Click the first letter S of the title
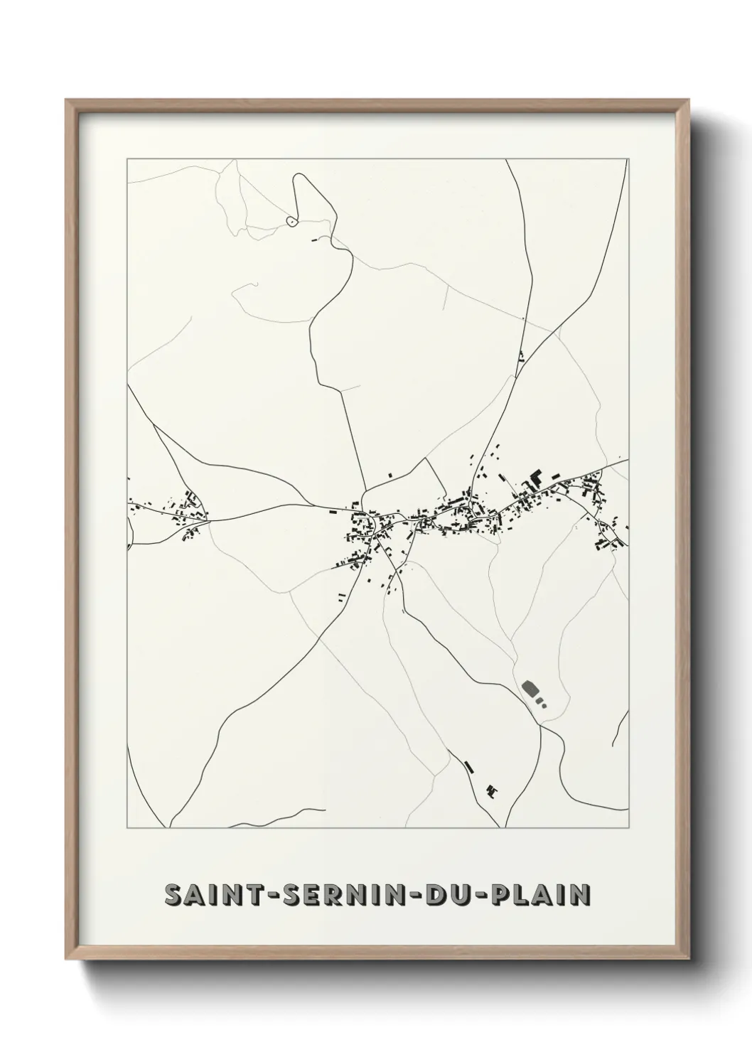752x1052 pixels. click(x=172, y=896)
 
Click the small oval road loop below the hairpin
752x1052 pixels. click(x=291, y=222)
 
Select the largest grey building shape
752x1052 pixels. click(x=530, y=688)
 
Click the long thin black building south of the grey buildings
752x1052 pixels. click(x=468, y=766)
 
